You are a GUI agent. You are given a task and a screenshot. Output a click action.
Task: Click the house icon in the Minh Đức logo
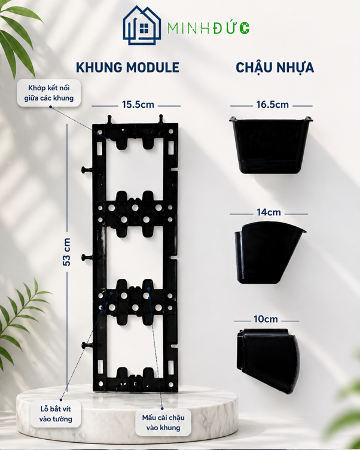(142, 26)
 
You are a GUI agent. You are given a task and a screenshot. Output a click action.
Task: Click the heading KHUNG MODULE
(127, 68)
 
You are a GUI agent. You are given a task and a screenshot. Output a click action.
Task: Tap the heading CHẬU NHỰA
(275, 68)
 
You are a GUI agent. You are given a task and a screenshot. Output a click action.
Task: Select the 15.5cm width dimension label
(138, 105)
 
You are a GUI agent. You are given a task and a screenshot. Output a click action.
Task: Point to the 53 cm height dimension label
(66, 252)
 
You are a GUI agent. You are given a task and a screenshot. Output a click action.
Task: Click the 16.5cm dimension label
(272, 105)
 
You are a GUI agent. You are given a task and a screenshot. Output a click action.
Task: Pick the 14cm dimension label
(269, 212)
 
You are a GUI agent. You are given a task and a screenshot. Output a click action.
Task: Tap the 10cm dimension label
(266, 319)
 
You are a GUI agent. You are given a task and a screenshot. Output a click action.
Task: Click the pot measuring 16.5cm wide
(271, 145)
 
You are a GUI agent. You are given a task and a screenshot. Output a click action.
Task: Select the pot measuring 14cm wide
(269, 253)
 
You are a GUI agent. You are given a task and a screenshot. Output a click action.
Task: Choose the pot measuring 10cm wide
(268, 360)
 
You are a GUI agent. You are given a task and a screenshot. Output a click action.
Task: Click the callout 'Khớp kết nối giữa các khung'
(49, 93)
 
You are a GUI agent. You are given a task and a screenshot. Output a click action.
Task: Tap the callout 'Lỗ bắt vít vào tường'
(56, 414)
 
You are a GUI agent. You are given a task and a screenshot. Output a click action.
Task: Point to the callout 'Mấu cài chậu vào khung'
(163, 422)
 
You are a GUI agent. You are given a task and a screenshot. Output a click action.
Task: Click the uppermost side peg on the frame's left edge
(87, 170)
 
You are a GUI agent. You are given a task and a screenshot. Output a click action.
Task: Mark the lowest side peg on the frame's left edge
(87, 345)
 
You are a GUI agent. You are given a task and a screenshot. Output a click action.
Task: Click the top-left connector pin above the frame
(110, 120)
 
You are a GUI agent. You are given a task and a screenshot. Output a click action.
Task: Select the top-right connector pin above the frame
(161, 119)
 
